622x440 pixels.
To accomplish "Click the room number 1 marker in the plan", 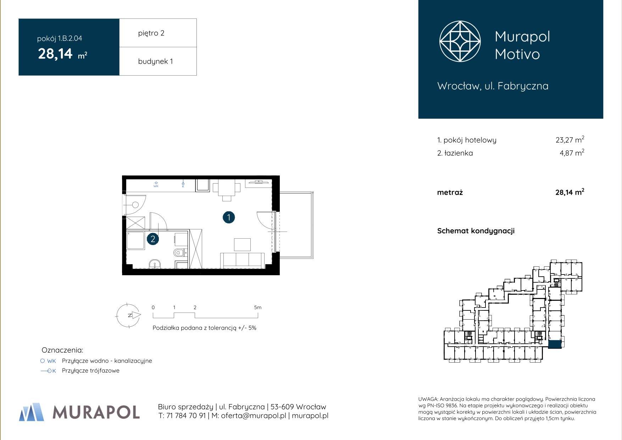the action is (229, 217).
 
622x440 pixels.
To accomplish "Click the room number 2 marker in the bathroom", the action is (153, 239).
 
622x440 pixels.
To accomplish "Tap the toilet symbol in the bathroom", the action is (179, 253).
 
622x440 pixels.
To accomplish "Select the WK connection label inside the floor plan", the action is (156, 186).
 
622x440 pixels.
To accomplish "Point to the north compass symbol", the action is (128, 315).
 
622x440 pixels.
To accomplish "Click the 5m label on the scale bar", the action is (258, 308).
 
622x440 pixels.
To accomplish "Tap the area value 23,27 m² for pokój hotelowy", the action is (570, 140).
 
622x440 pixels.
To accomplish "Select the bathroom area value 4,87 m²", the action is (571, 153).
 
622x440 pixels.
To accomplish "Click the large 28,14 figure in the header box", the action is (55, 54).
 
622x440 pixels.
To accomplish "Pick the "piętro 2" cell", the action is (158, 33).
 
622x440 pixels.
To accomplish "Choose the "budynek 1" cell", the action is (158, 61).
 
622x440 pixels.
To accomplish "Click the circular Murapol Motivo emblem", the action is (460, 41).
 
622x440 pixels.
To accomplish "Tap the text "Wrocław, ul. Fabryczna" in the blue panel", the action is (493, 86).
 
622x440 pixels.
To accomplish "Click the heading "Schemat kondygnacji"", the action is (476, 231).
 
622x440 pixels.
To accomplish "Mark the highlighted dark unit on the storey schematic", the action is (555, 344).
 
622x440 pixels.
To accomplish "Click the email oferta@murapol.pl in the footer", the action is (254, 415).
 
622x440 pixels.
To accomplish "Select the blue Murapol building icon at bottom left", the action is (32, 412).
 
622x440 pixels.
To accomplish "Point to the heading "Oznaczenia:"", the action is (62, 350).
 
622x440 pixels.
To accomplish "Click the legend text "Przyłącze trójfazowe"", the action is (90, 371).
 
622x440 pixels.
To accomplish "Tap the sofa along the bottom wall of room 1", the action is (243, 260).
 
